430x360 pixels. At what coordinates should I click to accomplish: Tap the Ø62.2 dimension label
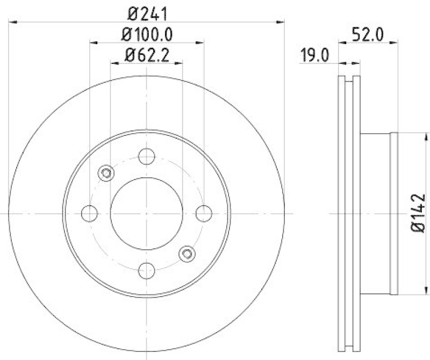point(147,55)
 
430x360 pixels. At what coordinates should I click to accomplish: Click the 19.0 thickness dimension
point(314,55)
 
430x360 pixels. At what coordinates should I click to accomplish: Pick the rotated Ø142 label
point(418,213)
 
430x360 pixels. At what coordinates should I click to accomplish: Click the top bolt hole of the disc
point(147,156)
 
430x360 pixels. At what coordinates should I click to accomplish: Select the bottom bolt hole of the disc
point(147,270)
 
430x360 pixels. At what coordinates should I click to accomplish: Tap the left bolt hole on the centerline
point(90,213)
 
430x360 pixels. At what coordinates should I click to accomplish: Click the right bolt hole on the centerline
point(204,213)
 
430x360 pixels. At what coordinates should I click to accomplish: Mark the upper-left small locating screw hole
point(106,173)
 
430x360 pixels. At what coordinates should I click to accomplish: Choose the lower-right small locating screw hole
point(187,254)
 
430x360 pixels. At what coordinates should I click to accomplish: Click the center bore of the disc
point(147,213)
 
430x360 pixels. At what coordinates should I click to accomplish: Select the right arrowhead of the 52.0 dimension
point(394,41)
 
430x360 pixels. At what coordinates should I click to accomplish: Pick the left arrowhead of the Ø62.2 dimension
point(114,63)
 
